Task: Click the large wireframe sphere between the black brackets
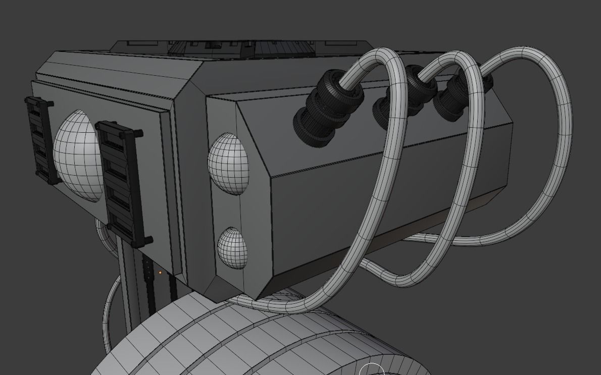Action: click(x=77, y=155)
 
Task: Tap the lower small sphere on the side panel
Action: click(x=233, y=248)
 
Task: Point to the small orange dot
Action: click(x=160, y=273)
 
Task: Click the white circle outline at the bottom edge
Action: click(x=372, y=369)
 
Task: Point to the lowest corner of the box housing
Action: click(x=259, y=301)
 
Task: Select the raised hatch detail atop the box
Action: click(x=212, y=47)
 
